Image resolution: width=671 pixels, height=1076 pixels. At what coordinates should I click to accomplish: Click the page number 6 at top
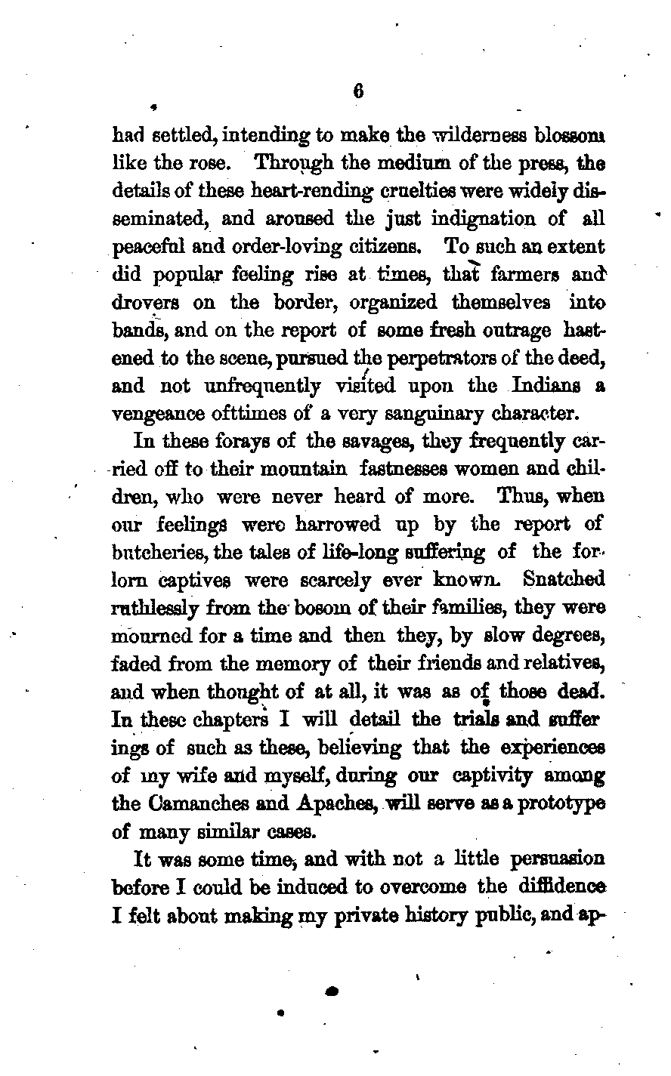358,91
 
